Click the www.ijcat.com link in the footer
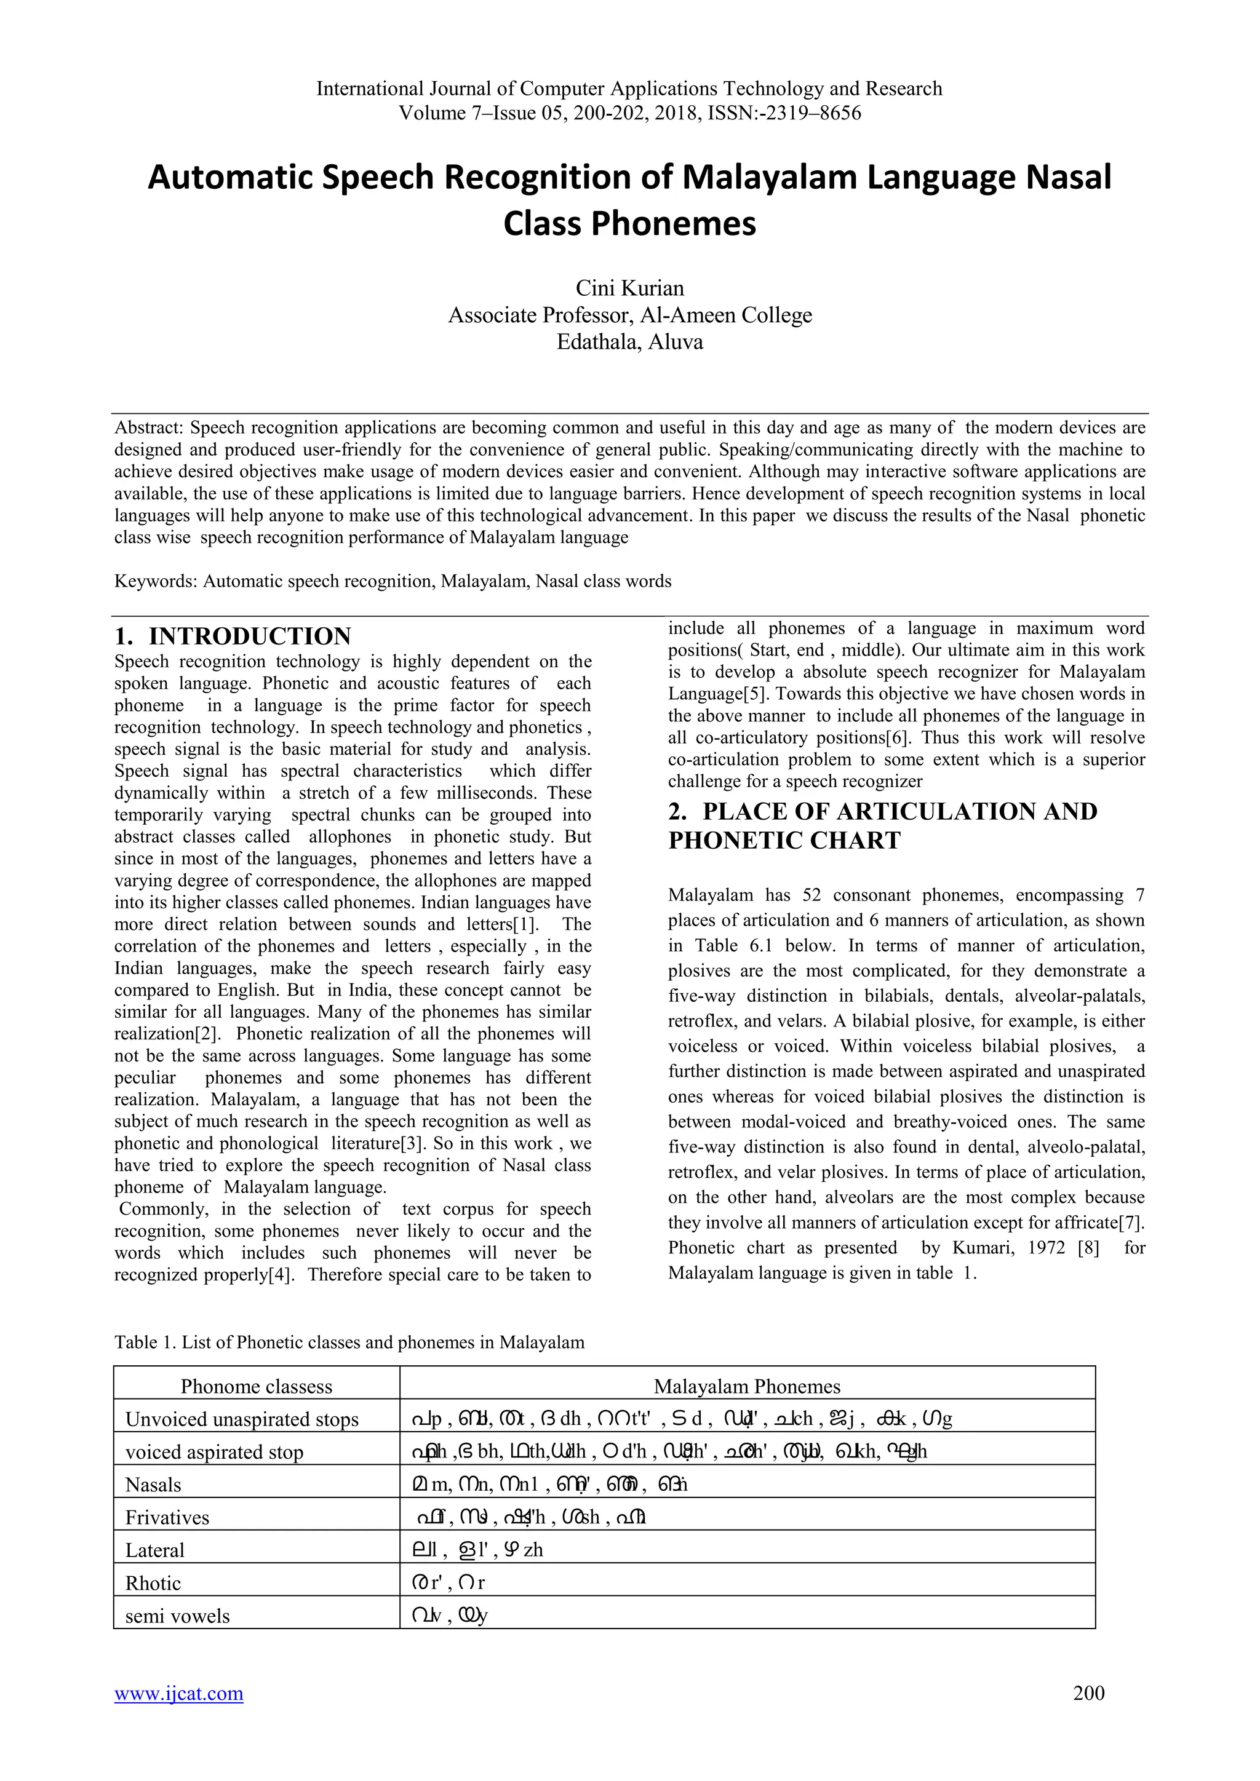pos(178,1692)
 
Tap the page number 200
pos(1088,1692)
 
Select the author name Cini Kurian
pos(629,288)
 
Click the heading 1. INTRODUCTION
pos(233,636)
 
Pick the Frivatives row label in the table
pos(167,1517)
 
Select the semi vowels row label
pos(178,1616)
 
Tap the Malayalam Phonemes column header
pos(746,1386)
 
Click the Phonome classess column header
pos(256,1386)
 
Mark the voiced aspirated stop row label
pos(214,1451)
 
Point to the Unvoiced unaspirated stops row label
pos(241,1419)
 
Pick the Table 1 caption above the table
pos(349,1342)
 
